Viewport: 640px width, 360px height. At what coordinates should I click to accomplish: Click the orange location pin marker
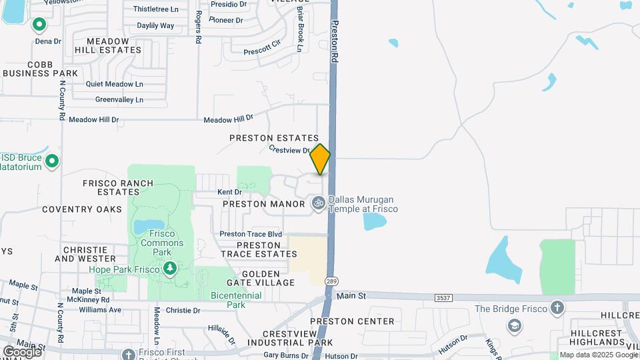point(320,159)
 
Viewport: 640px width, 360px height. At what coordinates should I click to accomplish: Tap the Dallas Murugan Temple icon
point(319,201)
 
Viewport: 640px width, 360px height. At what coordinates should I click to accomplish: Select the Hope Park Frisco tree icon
point(170,269)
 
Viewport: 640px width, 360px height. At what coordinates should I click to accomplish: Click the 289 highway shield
point(331,282)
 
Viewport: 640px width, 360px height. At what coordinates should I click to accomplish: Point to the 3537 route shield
point(442,297)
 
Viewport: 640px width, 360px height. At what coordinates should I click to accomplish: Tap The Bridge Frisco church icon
point(557,308)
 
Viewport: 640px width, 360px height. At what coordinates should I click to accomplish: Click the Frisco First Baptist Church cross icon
point(129,354)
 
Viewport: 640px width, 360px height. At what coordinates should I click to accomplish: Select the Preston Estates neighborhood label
point(274,138)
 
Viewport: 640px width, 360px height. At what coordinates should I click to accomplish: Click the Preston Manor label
point(264,203)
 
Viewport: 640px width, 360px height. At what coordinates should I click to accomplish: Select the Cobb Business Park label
point(41,68)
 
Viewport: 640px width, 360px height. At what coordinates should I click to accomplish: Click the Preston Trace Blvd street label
point(251,234)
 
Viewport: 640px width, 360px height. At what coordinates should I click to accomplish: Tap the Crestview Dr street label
point(290,151)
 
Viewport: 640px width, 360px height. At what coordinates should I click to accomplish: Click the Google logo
point(22,351)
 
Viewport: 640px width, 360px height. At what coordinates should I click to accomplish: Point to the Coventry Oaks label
point(82,209)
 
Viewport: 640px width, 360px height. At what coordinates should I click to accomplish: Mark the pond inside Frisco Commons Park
point(149,227)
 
